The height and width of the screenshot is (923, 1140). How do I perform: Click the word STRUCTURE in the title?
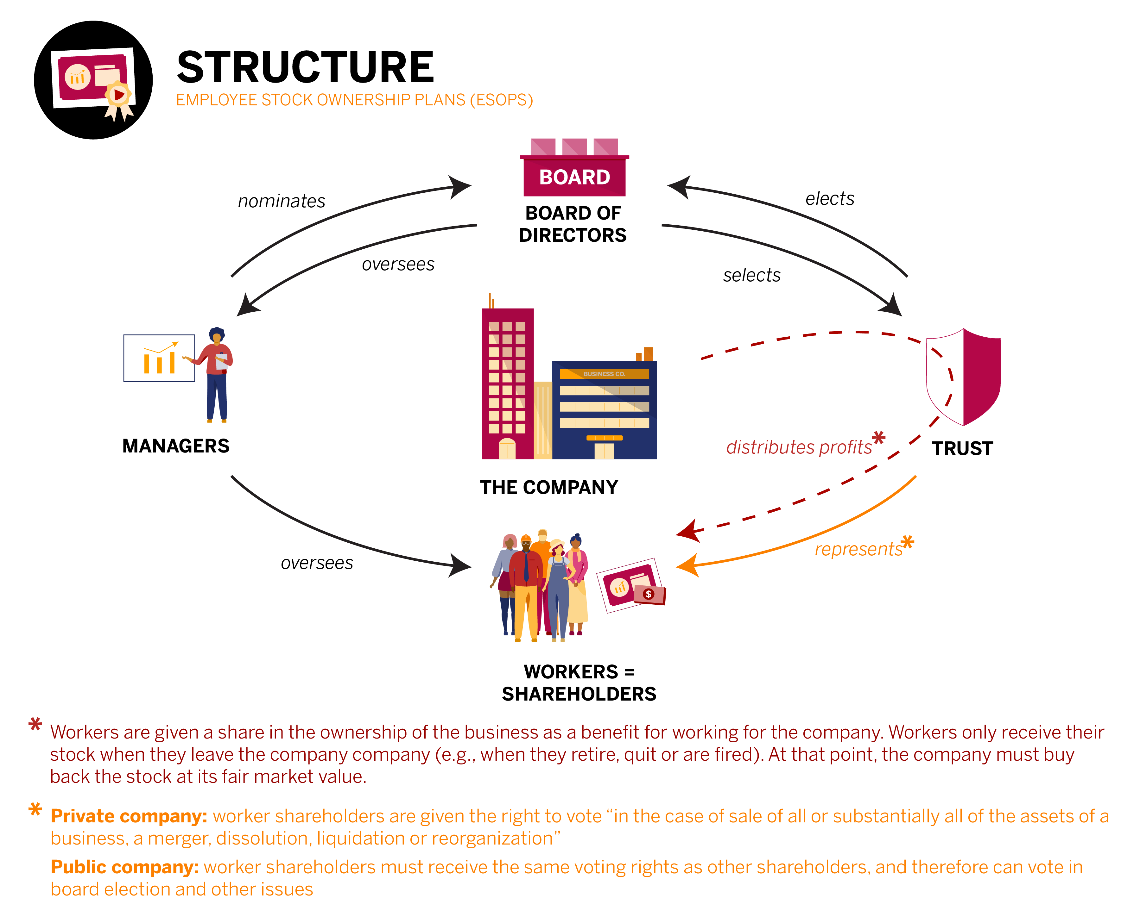click(x=305, y=67)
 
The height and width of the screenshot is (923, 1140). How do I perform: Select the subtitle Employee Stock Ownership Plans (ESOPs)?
click(x=354, y=100)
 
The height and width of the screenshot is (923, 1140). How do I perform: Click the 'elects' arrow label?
click(x=829, y=199)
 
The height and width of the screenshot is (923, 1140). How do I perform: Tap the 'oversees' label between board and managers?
click(x=398, y=264)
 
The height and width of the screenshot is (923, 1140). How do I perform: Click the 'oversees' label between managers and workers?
click(x=317, y=563)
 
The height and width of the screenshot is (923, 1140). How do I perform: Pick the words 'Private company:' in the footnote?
click(x=129, y=816)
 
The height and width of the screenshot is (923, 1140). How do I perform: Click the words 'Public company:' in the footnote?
click(x=124, y=867)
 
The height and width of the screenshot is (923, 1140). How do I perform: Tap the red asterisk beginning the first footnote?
click(x=35, y=724)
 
